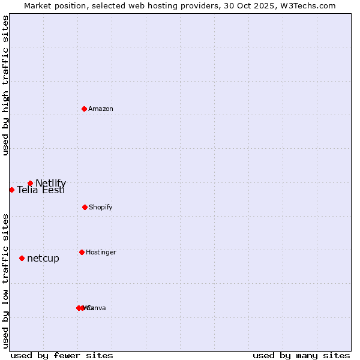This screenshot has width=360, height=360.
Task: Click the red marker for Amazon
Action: tap(84, 109)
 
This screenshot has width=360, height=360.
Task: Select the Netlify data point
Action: tap(30, 183)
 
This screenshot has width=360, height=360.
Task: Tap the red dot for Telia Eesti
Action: tap(11, 190)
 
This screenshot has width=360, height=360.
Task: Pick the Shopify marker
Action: tap(85, 207)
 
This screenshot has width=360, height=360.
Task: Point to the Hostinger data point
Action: tap(82, 252)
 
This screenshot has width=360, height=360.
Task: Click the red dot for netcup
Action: tap(22, 258)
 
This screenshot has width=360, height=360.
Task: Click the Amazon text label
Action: tap(101, 109)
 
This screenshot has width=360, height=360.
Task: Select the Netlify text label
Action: tap(50, 183)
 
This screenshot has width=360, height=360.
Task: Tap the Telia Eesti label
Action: tap(41, 190)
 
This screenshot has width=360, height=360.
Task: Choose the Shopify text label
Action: tap(101, 207)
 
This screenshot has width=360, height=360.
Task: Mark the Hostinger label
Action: tap(101, 252)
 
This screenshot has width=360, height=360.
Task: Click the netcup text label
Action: tap(43, 258)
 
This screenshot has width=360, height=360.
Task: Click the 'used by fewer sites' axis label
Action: tap(62, 355)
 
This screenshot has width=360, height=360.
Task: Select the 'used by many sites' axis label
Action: tap(301, 355)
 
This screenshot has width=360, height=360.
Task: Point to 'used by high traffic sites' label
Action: tap(6, 86)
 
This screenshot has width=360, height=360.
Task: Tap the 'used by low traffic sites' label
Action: tap(6, 281)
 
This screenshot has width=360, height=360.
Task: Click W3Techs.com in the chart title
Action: tap(309, 5)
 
